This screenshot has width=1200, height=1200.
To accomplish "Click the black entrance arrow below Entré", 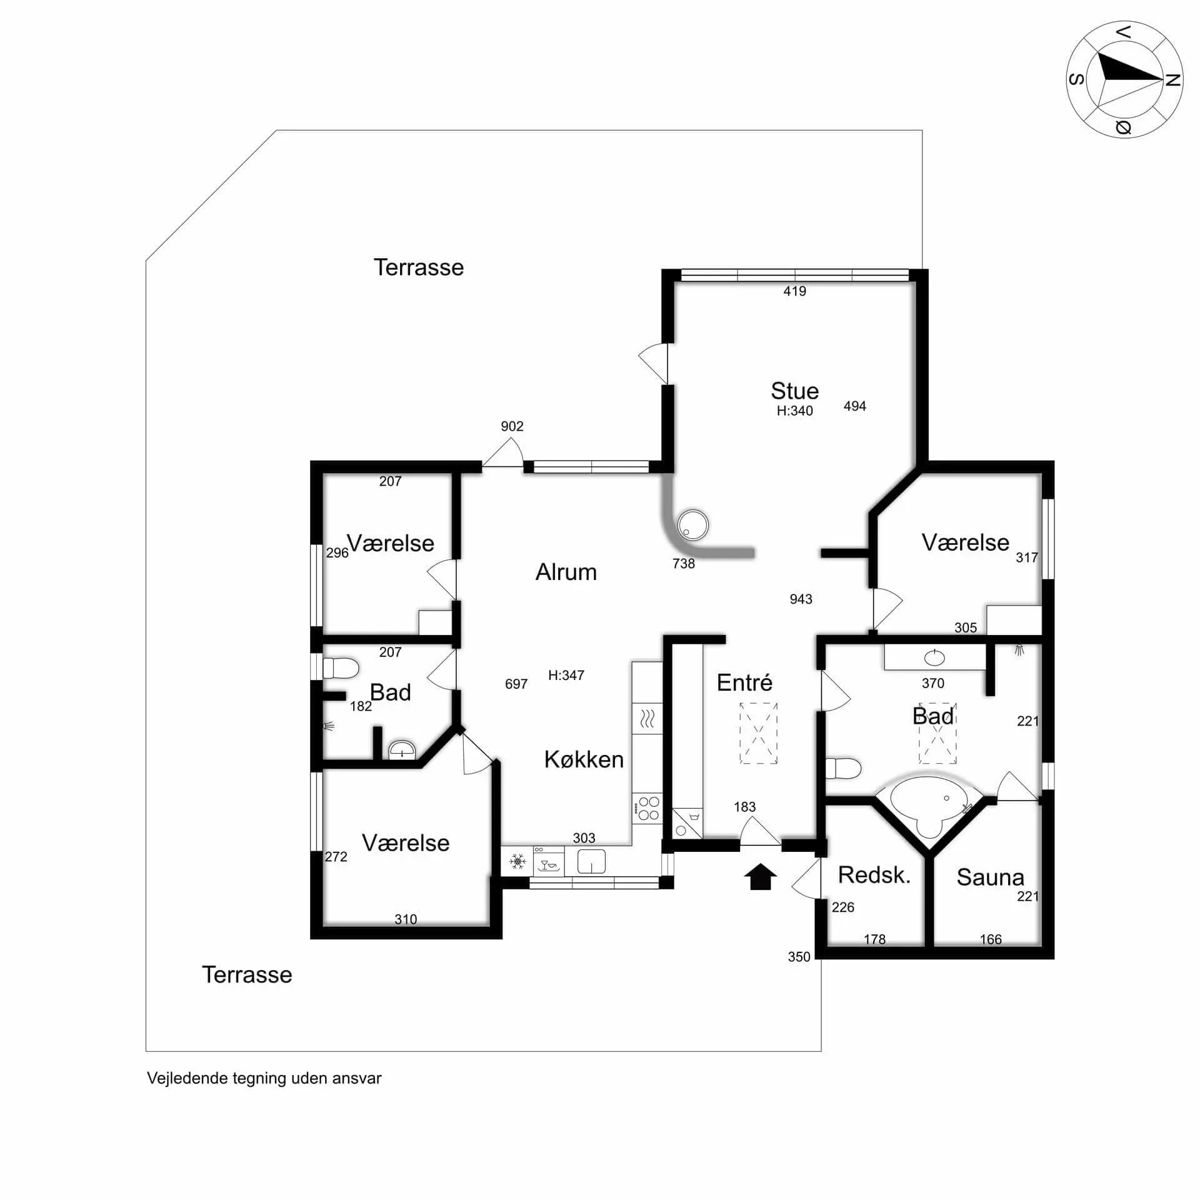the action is (x=760, y=876).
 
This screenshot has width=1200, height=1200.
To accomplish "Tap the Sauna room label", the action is (x=990, y=877).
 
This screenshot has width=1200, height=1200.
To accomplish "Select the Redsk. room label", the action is (x=874, y=875).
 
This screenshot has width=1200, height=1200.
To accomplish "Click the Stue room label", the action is (x=794, y=391).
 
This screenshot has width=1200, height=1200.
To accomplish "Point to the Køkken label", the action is (x=584, y=759).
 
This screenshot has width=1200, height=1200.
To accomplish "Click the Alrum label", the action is (x=566, y=572).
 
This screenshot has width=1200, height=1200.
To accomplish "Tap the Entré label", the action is (x=744, y=682).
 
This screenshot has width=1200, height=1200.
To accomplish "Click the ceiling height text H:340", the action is (x=794, y=411).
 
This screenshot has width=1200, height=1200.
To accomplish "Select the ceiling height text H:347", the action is (x=566, y=675).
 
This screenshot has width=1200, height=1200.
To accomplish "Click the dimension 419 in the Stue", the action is (x=794, y=291).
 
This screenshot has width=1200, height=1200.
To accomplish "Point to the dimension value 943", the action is (x=801, y=599).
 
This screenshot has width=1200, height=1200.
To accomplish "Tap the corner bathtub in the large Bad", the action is (x=929, y=805).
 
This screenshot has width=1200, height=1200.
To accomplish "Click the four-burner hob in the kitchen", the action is (x=647, y=808).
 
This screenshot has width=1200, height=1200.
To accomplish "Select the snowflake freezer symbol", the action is (x=517, y=862).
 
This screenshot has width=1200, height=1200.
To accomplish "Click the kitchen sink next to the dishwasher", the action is (x=591, y=861).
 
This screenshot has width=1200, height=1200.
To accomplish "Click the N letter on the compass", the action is (x=1173, y=79).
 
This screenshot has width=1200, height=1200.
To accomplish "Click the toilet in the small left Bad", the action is (x=339, y=668).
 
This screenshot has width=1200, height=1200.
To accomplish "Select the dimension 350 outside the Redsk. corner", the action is (x=799, y=956).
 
